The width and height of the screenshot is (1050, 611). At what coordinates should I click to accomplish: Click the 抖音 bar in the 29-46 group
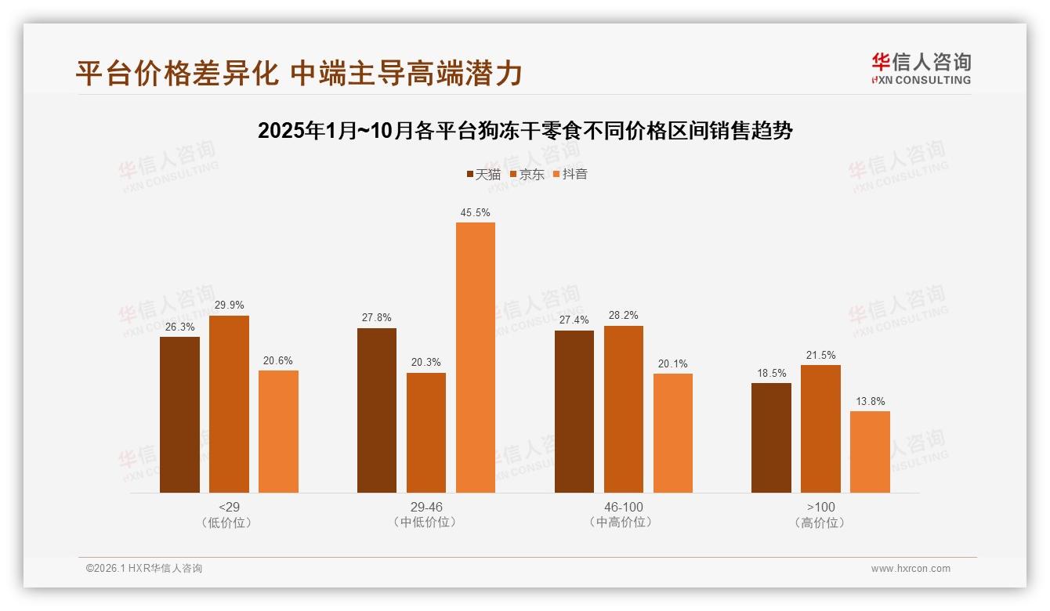[476, 357]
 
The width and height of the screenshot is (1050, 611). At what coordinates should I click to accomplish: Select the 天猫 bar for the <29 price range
[179, 414]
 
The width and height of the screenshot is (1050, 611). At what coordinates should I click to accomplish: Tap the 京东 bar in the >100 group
[820, 428]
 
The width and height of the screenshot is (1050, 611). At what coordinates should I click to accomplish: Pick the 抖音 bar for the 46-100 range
[673, 432]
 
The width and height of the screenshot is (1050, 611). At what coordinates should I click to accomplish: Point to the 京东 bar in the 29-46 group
[426, 432]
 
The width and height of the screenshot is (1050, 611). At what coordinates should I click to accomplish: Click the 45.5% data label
[476, 212]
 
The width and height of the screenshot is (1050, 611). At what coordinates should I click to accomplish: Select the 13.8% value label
[870, 401]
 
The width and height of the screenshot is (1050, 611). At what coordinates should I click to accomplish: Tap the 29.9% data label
[229, 305]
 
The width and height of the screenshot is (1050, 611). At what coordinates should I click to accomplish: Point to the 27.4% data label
[574, 320]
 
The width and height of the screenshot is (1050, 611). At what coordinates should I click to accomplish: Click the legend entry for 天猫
[483, 175]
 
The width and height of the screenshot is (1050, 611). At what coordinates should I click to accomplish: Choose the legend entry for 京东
[527, 175]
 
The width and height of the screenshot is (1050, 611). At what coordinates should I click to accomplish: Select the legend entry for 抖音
[570, 175]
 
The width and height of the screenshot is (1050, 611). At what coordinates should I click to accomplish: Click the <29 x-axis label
[229, 507]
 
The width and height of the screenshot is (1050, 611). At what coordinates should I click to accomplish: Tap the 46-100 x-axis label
[623, 507]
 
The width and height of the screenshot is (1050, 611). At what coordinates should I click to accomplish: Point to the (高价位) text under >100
[820, 522]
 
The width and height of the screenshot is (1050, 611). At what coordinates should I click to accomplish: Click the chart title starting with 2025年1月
[525, 131]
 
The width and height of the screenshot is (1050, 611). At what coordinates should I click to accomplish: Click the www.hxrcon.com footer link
[911, 569]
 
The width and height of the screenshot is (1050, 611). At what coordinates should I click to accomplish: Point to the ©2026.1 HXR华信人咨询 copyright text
[144, 569]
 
